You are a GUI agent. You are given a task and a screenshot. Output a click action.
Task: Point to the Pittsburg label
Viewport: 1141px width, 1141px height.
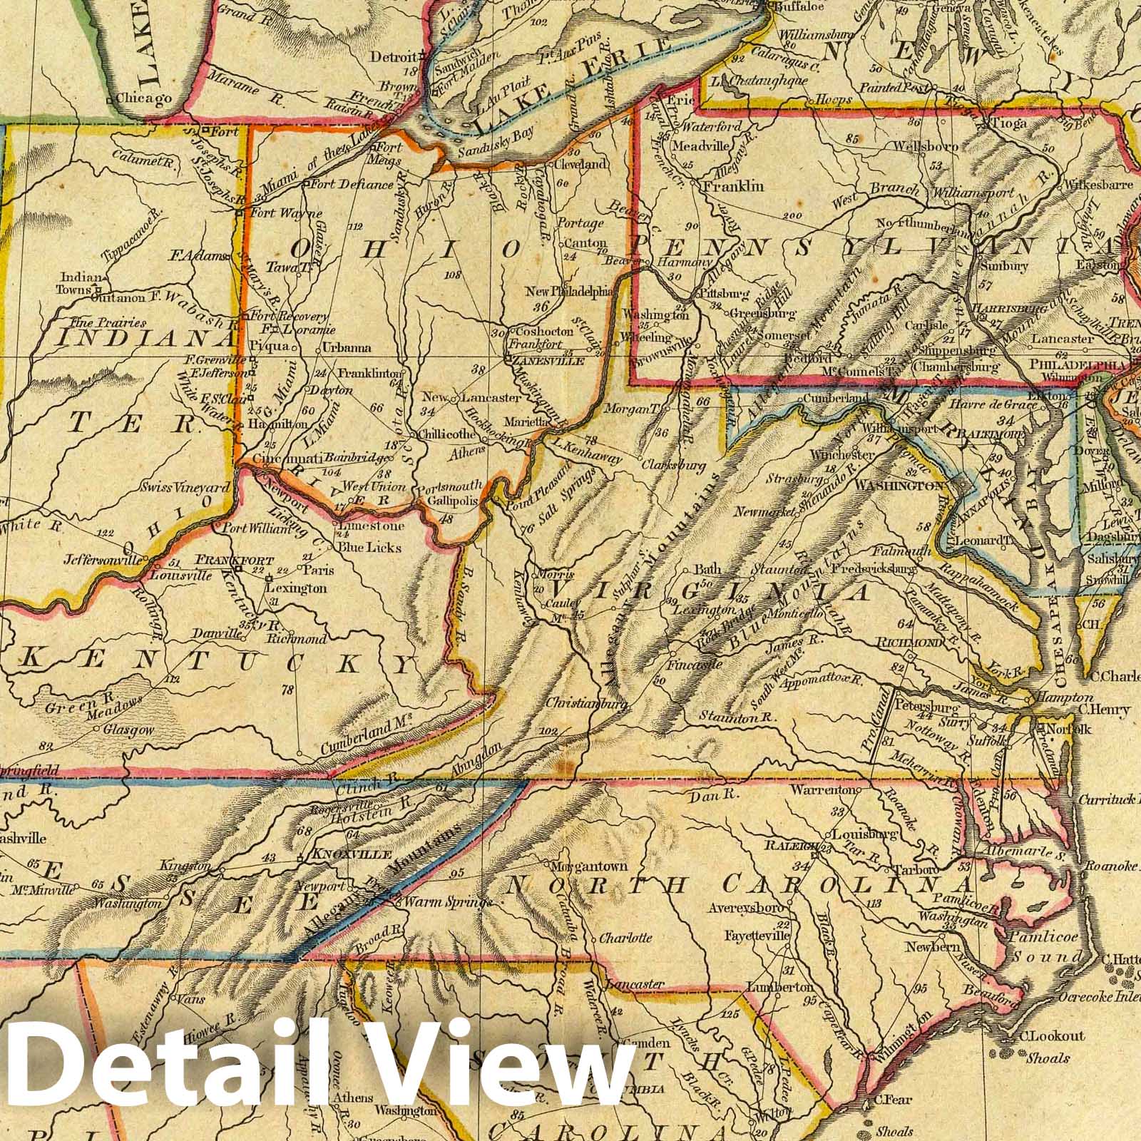(x=725, y=293)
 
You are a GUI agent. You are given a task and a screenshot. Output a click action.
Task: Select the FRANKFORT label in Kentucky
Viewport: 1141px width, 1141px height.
(x=215, y=560)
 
